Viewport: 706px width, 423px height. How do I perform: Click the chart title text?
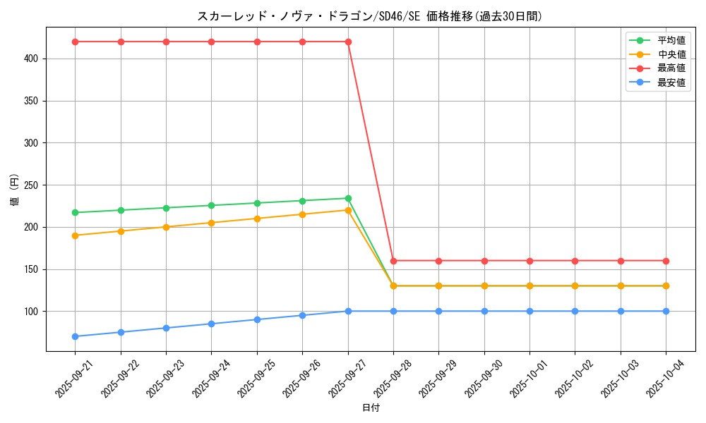point(370,16)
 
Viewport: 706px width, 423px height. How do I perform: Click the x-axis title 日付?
point(371,408)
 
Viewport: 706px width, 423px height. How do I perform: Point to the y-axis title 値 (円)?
point(15,190)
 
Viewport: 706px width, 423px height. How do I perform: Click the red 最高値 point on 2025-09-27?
point(348,42)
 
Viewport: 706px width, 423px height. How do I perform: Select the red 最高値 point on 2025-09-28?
point(393,261)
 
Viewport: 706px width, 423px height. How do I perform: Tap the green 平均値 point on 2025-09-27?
point(348,198)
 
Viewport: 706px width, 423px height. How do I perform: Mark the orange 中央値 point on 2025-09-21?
point(75,235)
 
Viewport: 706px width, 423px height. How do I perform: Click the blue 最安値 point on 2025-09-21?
point(75,336)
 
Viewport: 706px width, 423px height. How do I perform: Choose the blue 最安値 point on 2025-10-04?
point(666,311)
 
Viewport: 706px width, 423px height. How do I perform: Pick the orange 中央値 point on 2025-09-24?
point(211,223)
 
